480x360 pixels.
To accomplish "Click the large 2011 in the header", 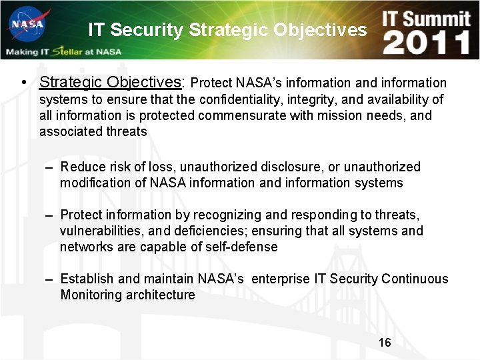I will coord(427,43).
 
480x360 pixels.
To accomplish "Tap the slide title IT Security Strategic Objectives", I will coord(227,30).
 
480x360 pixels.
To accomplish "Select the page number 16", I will coord(385,343).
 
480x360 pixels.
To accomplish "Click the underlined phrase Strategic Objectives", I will coord(110,83).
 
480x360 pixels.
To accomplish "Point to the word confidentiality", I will coord(256,99).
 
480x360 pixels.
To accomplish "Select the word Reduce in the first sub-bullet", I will coord(82,167).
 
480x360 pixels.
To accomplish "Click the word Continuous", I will coord(415,279).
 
